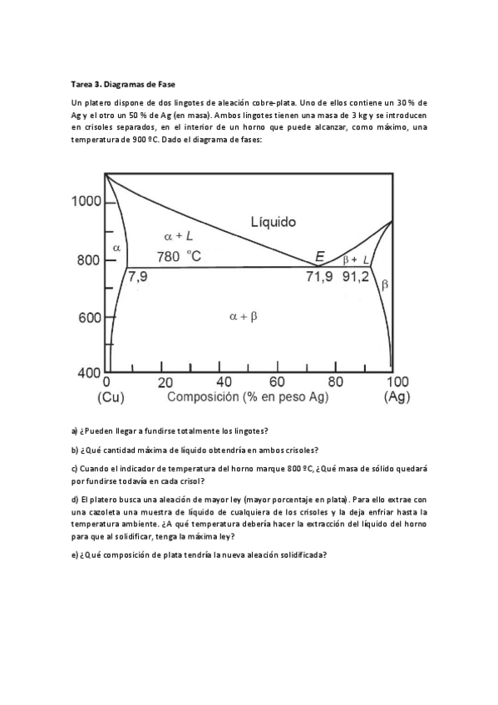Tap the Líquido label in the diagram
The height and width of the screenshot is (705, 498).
tap(273, 221)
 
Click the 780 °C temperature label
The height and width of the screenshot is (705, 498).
tap(179, 257)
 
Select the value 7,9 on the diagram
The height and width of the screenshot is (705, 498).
tap(137, 277)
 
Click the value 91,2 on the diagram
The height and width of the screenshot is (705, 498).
tap(356, 277)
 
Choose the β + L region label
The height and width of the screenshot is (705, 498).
tap(356, 259)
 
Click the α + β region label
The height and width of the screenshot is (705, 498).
tap(243, 316)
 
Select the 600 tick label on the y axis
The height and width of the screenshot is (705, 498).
tap(89, 318)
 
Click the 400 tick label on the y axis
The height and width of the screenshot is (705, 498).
tap(89, 375)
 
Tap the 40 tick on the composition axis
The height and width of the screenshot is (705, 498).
tap(224, 382)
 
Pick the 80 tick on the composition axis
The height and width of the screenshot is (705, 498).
tap(335, 382)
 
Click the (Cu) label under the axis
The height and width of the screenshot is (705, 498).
tap(111, 397)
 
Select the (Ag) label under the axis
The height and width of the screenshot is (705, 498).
tap(397, 397)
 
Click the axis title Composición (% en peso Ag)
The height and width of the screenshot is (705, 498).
tap(248, 397)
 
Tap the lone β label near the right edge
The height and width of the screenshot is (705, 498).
tap(384, 284)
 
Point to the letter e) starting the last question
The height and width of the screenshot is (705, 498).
tap(75, 556)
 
